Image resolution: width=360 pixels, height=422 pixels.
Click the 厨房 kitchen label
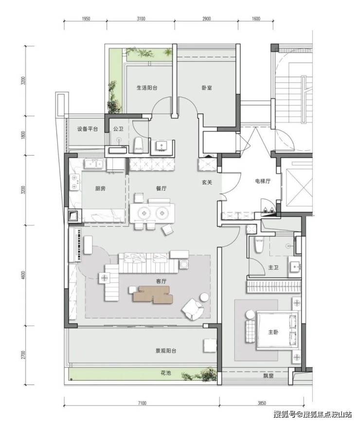pos(100,189)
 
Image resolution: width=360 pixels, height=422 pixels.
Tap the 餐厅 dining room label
pos(162,189)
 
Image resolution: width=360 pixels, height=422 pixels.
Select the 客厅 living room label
pos(162,281)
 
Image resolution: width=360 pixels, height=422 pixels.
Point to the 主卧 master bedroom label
pos(273,332)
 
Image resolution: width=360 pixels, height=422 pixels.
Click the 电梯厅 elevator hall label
pos(263,181)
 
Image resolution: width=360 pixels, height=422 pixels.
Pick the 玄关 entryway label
pos(207,182)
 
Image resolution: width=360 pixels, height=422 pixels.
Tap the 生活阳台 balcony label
pos(147,88)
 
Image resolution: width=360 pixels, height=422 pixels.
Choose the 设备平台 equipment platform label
pos(88,129)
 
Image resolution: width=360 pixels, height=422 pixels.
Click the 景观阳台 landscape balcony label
pos(166,351)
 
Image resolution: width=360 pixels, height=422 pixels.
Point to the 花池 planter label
pos(165,373)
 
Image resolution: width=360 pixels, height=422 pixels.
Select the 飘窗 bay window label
pos(269,376)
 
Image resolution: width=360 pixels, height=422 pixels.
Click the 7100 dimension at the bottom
pos(142,403)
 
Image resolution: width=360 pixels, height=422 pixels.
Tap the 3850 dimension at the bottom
pos(262,403)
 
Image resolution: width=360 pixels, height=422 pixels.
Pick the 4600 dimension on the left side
pos(23,275)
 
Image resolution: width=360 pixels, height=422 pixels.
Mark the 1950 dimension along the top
pos(86,18)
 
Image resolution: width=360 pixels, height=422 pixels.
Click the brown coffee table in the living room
pos(153,295)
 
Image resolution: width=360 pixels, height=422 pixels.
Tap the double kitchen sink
pos(94,164)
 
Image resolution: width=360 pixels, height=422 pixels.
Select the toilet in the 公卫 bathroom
pos(138,145)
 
